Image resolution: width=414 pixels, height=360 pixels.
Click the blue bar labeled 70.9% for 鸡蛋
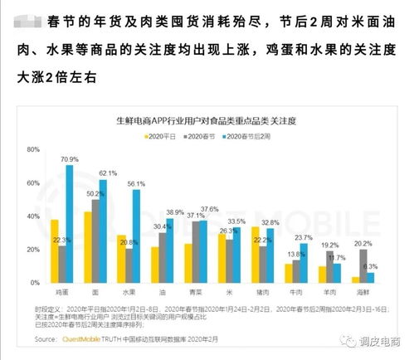coord(70,224)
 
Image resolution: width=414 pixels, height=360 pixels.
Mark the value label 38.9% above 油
coord(176,213)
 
